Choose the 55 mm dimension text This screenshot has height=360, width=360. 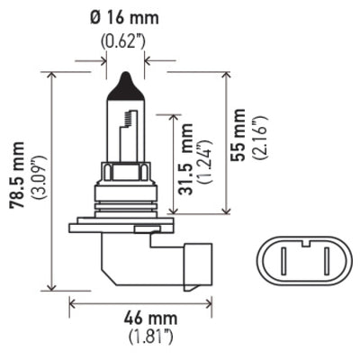(x=238, y=132)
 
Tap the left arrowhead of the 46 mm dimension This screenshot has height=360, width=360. (x=73, y=305)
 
